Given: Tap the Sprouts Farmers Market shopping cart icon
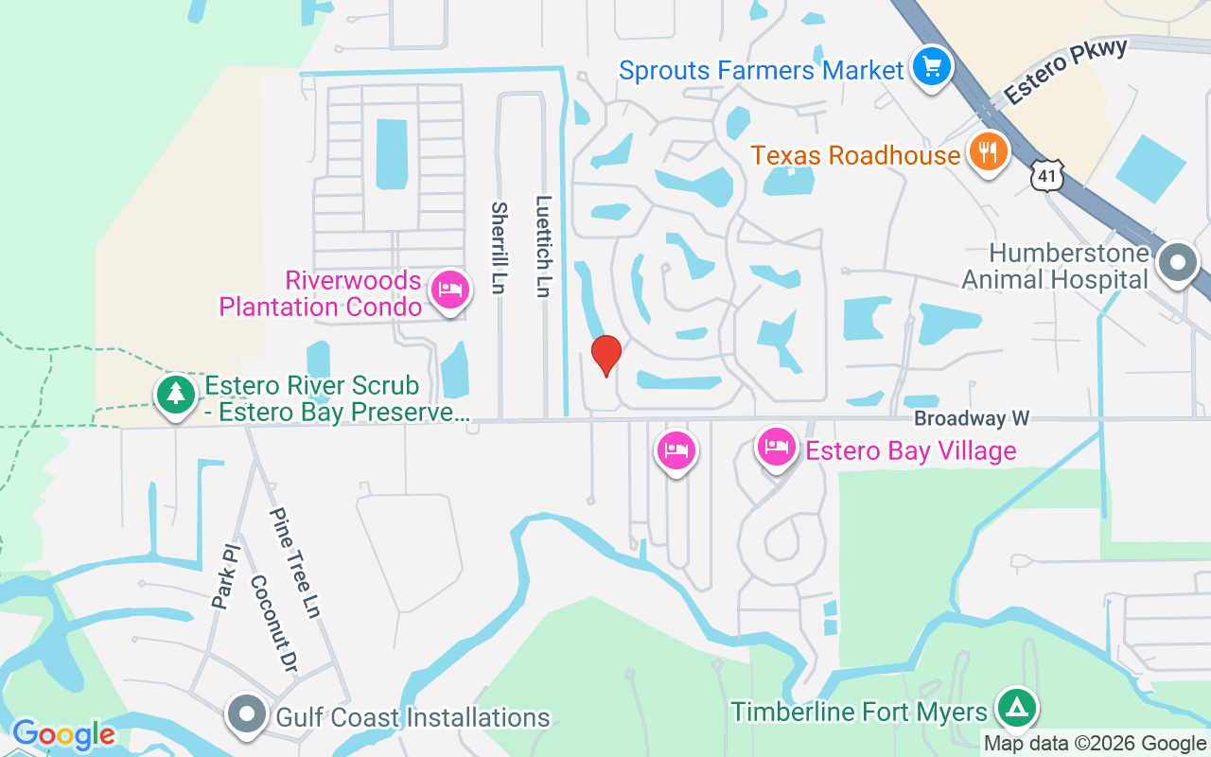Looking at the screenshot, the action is (x=932, y=67).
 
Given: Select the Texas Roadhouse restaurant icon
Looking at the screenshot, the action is (x=988, y=152).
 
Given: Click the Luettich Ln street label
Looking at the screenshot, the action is (x=543, y=246).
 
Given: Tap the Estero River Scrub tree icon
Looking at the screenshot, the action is (x=175, y=394).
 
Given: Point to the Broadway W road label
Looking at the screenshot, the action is (x=971, y=418).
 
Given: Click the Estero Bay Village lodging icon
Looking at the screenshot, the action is (x=776, y=448).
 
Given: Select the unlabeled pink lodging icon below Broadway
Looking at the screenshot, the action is (x=676, y=450).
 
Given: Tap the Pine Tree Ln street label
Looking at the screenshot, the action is (x=294, y=563).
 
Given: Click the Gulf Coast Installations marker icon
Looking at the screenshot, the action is (x=247, y=716).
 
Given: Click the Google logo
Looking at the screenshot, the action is (x=63, y=734).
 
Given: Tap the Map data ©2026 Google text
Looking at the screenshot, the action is (x=1095, y=744).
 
